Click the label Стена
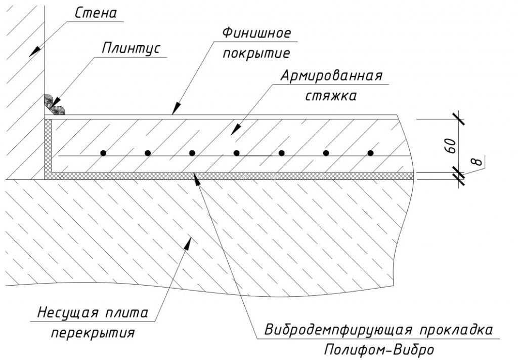click(96, 13)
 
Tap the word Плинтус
click(131, 48)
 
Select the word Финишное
click(256, 33)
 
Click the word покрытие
click(256, 53)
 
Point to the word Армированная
click(331, 76)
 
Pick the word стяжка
click(331, 96)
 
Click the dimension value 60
click(451, 145)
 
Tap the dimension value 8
click(478, 162)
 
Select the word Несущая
click(68, 313)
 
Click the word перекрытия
click(93, 333)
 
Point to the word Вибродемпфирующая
click(338, 330)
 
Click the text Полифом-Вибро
click(379, 350)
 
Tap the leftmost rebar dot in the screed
click(103, 153)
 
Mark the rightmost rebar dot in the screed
click(370, 153)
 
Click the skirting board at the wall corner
click(54, 105)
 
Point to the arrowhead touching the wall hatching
click(35, 52)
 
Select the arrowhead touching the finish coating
click(177, 108)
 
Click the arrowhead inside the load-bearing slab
click(188, 244)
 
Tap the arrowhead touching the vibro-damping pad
click(197, 179)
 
